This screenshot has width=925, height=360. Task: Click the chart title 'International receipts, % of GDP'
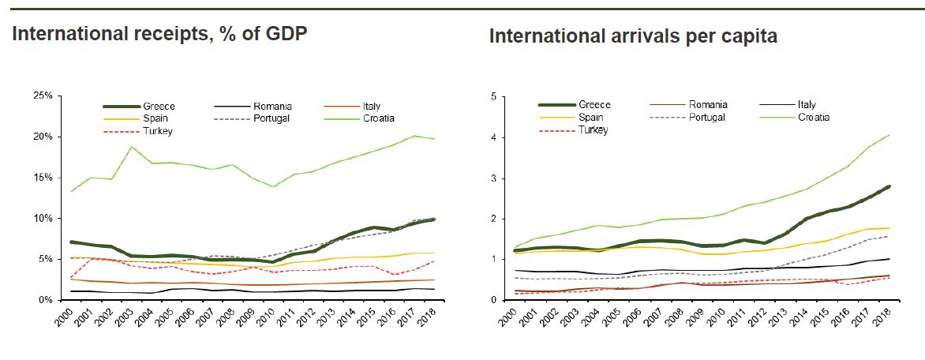click(159, 34)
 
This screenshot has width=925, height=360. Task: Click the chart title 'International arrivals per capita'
click(633, 36)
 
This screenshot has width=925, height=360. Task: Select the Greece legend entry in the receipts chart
click(159, 107)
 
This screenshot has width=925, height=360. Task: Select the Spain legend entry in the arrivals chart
click(591, 117)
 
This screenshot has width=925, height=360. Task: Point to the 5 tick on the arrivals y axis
click(494, 96)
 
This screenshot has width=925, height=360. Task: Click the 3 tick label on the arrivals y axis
click(494, 178)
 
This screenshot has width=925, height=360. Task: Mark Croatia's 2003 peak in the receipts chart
click(132, 147)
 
